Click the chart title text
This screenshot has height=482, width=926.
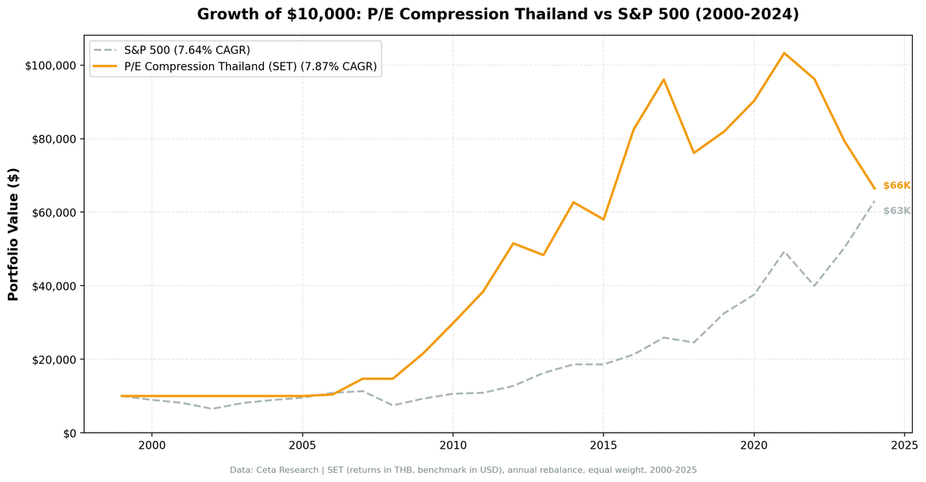[x=498, y=15]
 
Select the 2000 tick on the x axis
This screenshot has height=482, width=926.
[x=152, y=446]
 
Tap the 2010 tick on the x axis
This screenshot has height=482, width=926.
[x=453, y=446]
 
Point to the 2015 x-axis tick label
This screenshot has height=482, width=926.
[x=603, y=446]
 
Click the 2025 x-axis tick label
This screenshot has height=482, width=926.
[x=904, y=446]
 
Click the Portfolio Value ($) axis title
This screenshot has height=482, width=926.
[x=13, y=234]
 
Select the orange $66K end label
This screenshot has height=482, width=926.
[x=897, y=186]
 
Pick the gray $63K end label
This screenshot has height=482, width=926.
[x=897, y=211]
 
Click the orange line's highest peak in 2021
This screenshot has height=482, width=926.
[x=784, y=53]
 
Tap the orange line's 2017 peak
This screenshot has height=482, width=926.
[x=664, y=79]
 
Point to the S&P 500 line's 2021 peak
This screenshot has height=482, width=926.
[x=784, y=251]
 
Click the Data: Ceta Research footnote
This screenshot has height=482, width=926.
[x=463, y=470]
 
